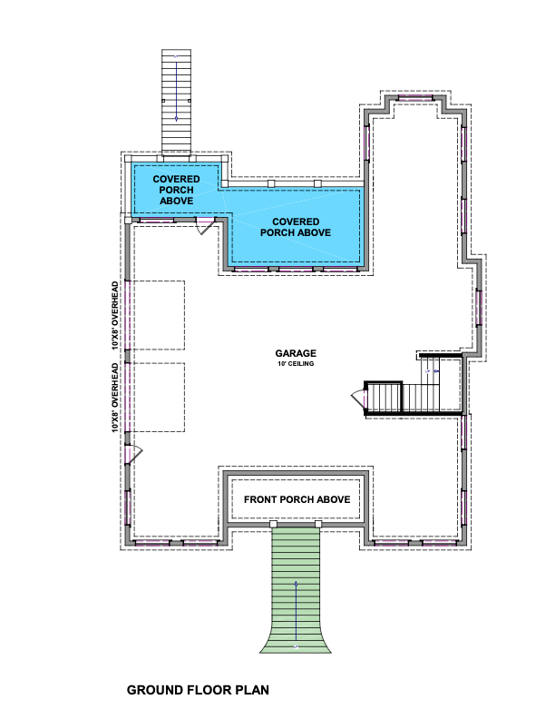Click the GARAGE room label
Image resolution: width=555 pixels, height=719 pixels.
coord(296,353)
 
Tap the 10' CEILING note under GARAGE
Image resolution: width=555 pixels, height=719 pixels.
coord(296,364)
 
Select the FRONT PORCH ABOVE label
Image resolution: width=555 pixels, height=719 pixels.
coord(297,499)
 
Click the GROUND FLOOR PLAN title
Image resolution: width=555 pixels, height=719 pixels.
coord(198,690)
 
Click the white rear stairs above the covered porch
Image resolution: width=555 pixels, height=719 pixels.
coord(176,103)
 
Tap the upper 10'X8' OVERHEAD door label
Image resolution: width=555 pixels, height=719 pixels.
coord(115,316)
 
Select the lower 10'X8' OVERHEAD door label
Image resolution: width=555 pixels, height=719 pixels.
coord(115,398)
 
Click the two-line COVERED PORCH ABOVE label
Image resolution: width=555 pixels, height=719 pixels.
coord(296,227)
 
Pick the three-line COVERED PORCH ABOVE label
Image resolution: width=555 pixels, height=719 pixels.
coord(176,190)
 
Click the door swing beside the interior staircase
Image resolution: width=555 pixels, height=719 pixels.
coord(358,398)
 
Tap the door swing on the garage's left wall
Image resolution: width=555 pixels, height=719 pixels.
coord(134,454)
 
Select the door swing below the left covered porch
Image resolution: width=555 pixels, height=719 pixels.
coord(205,227)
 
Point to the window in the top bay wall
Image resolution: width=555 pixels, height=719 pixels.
coord(414,98)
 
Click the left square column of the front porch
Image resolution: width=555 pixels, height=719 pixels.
coord(273,524)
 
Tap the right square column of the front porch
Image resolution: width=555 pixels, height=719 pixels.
coord(318,524)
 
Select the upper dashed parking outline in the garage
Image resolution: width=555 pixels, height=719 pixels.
coord(156,316)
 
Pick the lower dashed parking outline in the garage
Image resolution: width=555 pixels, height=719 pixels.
coord(156,398)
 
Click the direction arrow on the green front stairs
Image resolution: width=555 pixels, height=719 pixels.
coord(296,611)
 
